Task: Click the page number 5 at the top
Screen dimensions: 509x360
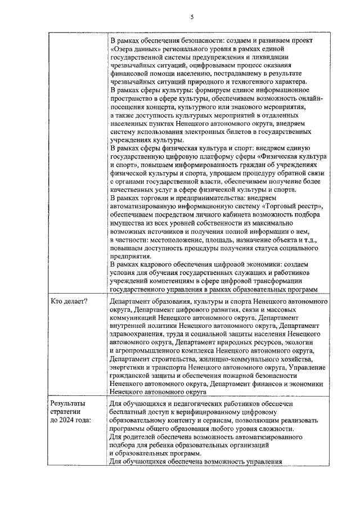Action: click(x=192, y=17)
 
